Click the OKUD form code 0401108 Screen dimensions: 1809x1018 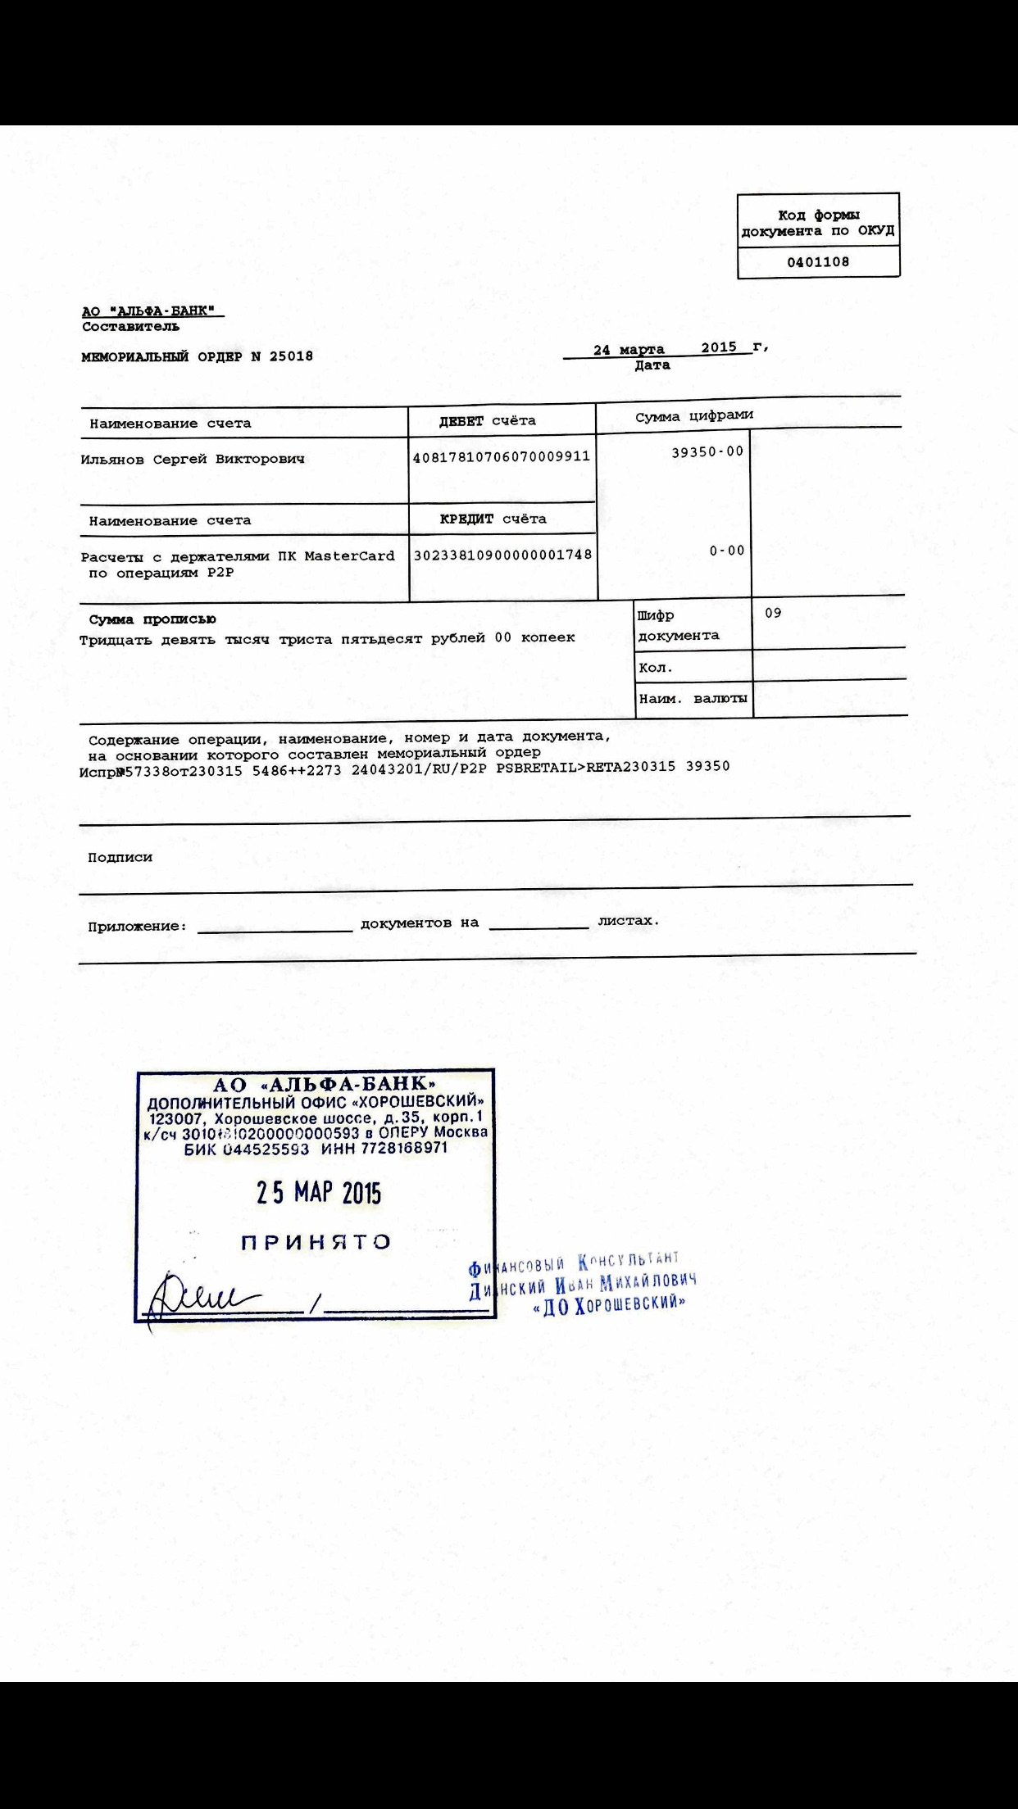click(x=818, y=262)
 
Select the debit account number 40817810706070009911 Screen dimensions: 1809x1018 click(x=502, y=457)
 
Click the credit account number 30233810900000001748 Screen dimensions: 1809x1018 click(x=502, y=555)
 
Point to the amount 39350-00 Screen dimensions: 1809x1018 click(x=707, y=451)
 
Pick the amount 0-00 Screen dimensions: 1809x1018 click(x=727, y=551)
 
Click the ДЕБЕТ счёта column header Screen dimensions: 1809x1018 click(x=488, y=421)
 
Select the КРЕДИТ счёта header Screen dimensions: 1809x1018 click(x=493, y=519)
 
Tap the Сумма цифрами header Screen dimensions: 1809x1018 click(x=693, y=416)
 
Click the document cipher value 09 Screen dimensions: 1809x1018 click(x=773, y=613)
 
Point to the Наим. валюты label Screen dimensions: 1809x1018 click(x=693, y=699)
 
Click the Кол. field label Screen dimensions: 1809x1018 click(x=655, y=668)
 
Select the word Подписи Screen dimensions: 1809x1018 click(x=120, y=857)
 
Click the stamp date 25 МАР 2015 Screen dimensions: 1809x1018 click(x=318, y=1192)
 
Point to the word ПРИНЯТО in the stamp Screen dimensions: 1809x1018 click(x=316, y=1242)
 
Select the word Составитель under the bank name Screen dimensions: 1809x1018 click(x=130, y=327)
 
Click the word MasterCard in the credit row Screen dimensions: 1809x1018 click(x=349, y=556)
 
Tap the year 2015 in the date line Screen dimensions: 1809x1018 click(x=719, y=347)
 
